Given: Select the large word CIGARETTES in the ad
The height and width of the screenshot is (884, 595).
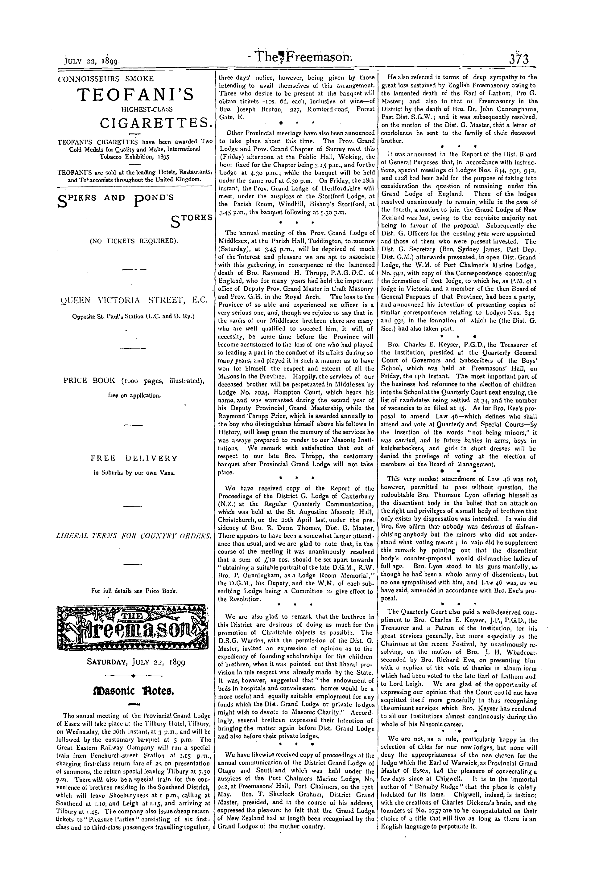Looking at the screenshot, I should click(x=155, y=123).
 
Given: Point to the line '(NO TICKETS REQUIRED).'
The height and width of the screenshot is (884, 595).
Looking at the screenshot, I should click(x=134, y=240).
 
